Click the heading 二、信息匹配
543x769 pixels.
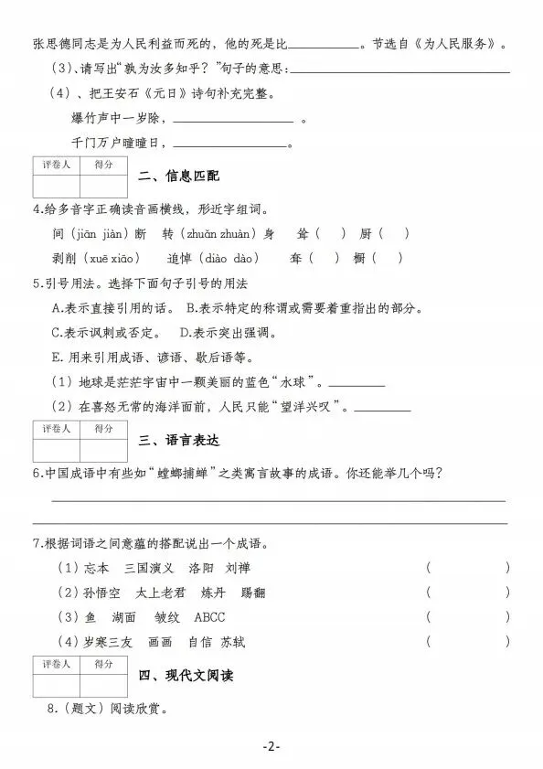pyautogui.click(x=180, y=176)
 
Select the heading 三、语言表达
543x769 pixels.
pyautogui.click(x=180, y=440)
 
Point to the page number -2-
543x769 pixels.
pyautogui.click(x=271, y=746)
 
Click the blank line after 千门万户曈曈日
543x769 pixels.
pyautogui.click(x=229, y=144)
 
